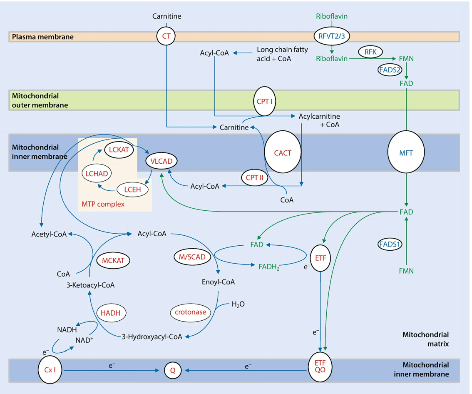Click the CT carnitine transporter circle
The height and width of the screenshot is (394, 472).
[166, 36]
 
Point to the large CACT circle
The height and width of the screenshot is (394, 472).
[283, 153]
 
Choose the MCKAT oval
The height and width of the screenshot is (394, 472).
[113, 261]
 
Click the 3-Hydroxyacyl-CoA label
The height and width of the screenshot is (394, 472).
[152, 337]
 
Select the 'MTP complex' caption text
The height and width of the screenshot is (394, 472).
[103, 204]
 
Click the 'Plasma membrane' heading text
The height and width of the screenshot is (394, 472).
[43, 37]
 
